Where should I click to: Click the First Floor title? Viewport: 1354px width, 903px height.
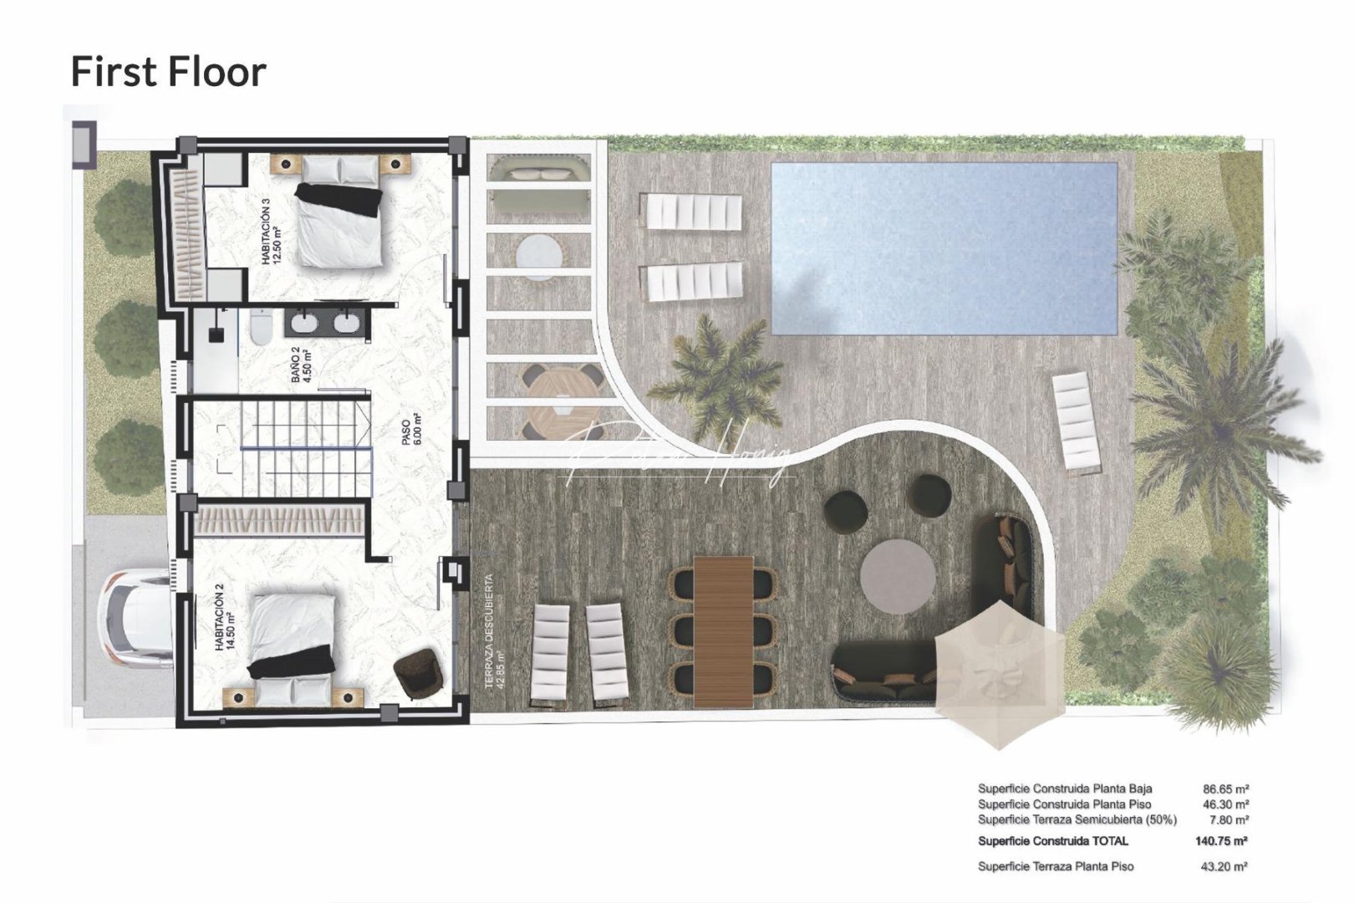tap(168, 71)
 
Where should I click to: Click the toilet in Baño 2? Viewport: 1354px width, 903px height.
tap(261, 327)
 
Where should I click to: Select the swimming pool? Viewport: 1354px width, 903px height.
tap(944, 247)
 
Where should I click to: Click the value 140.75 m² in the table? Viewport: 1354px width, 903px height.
tap(1221, 841)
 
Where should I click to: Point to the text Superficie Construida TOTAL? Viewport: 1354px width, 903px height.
tap(1052, 841)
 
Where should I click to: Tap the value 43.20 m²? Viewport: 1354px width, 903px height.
tap(1224, 867)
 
